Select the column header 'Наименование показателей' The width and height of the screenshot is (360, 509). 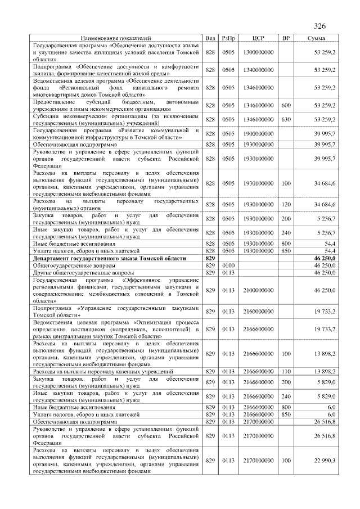pos(115,38)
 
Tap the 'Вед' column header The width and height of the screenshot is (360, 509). pos(211,38)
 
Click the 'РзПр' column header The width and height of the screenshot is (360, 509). pos(228,38)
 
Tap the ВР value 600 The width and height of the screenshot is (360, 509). pos(286,105)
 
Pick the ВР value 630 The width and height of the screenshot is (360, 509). pos(286,119)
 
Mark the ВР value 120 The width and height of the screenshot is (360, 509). pos(286,204)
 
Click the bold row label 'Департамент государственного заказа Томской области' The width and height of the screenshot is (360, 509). pos(109,257)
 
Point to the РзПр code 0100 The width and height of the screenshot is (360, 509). pos(228,264)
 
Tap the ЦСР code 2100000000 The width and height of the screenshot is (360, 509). pos(258,290)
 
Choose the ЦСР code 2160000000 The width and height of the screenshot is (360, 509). pos(258,311)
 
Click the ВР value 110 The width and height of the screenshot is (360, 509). pos(286,371)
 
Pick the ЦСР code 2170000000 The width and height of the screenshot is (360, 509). pos(258,421)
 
